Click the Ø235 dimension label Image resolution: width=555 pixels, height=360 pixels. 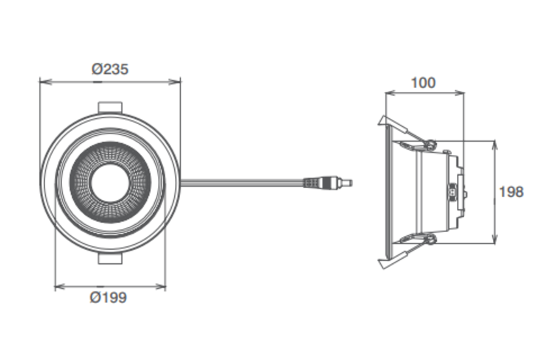coord(110,69)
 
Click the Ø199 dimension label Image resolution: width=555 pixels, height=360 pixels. coord(108,298)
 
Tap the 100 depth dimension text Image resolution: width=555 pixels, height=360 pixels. coord(423,83)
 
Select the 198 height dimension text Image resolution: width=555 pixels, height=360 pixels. coord(511,192)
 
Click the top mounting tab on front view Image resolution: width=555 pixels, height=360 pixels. coord(110,108)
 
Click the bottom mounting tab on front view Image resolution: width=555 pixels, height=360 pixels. coord(110,259)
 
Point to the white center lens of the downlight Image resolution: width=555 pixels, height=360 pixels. coord(110,182)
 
